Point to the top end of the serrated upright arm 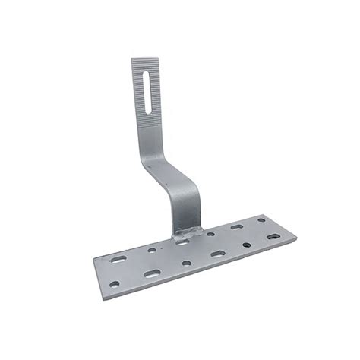click(x=141, y=61)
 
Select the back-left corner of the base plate click(x=93, y=258)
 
